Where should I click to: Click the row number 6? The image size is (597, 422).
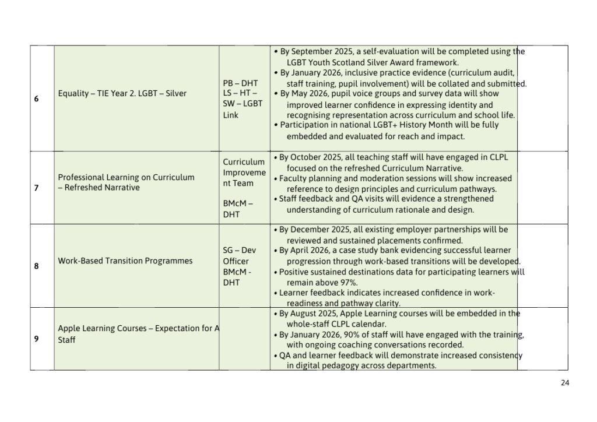(36, 99)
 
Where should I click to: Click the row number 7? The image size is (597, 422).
(36, 188)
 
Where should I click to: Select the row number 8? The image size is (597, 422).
(36, 266)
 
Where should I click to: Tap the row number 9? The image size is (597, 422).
(36, 339)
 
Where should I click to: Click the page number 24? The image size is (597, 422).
(564, 383)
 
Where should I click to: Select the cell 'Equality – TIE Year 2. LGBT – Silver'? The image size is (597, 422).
(122, 93)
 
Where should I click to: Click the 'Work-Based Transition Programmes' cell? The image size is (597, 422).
(125, 261)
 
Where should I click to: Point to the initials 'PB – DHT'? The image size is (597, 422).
(240, 83)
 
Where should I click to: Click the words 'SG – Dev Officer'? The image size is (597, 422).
(239, 256)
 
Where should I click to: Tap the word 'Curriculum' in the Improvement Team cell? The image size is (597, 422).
(244, 162)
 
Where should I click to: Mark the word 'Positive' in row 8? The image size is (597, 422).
(296, 272)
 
